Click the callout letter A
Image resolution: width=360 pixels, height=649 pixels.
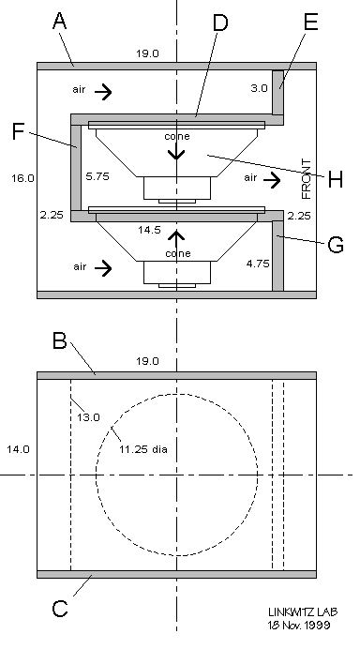pos(60,21)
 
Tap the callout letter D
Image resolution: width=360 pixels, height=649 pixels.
pos(220,23)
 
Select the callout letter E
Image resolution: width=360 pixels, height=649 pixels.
pos(310,22)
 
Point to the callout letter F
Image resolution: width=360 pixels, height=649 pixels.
pos(18,131)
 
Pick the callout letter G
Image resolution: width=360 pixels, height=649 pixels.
pos(336,245)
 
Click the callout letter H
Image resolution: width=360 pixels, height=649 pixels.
pos(336,180)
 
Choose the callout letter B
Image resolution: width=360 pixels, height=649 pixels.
pos(60,341)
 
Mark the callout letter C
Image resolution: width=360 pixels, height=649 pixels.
pos(60,609)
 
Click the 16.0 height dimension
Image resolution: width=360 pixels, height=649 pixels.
pos(22,178)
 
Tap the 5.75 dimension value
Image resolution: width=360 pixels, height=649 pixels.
pos(97,176)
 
